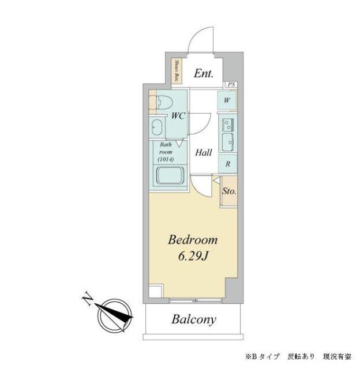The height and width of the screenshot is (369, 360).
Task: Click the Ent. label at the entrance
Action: click(204, 73)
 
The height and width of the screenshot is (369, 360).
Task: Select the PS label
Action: click(231, 85)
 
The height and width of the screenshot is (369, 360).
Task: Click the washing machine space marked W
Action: click(227, 99)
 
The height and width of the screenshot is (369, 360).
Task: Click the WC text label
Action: click(178, 115)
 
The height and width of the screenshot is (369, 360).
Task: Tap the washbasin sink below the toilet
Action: click(157, 127)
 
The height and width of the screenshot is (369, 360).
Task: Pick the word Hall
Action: click(202, 153)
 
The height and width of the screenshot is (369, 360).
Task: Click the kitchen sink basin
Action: click(227, 140)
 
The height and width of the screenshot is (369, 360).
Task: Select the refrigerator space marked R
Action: click(228, 164)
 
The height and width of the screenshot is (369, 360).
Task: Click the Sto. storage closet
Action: click(228, 191)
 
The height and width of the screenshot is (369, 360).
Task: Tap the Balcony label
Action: click(193, 319)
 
